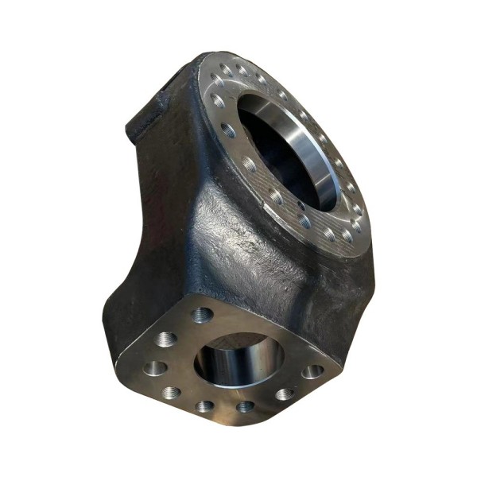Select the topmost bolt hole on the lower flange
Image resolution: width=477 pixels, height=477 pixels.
(x=203, y=315)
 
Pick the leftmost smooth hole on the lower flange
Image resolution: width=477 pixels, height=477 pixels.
(x=155, y=368)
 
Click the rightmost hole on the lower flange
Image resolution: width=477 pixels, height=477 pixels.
(x=312, y=371)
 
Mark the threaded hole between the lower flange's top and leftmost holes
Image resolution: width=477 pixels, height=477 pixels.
(x=167, y=339)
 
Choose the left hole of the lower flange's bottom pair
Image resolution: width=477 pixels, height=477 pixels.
(x=206, y=406)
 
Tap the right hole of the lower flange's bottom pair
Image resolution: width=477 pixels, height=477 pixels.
(x=246, y=406)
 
